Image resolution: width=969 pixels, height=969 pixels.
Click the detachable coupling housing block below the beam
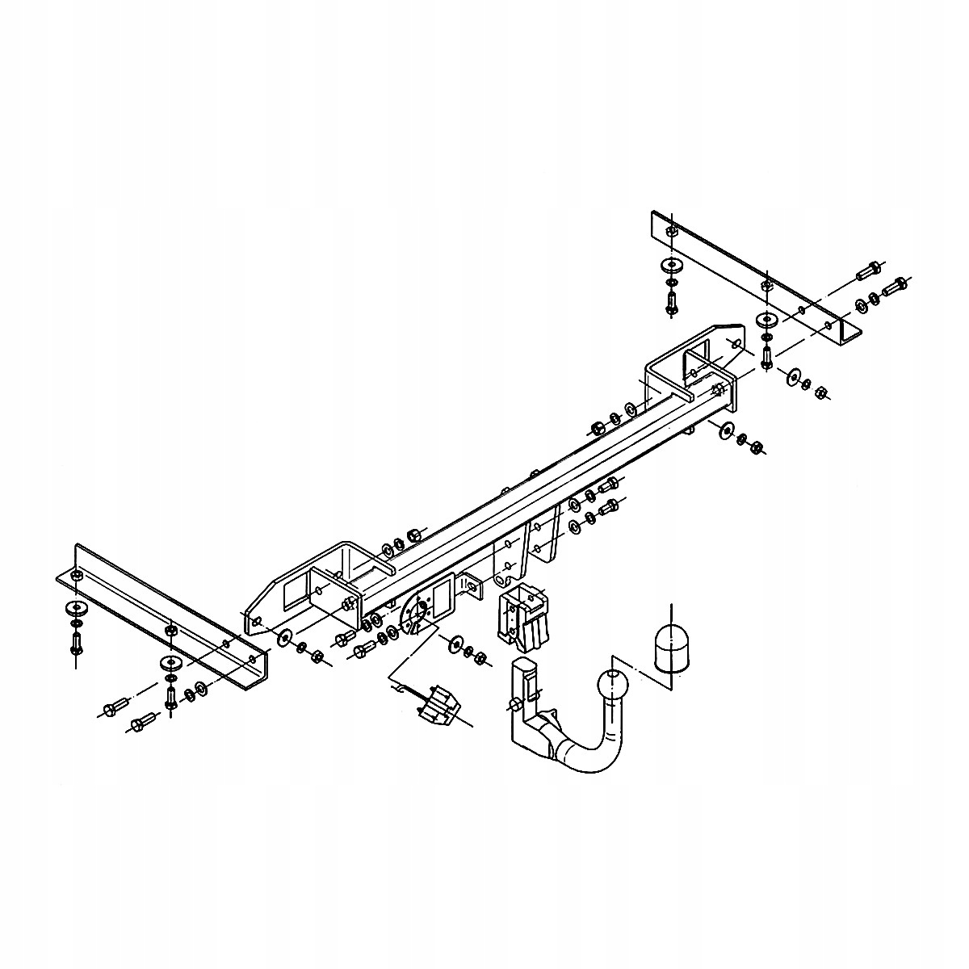point(523,619)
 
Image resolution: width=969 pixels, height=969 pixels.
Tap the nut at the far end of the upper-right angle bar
point(670,232)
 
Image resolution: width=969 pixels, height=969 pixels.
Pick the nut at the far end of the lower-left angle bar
point(77,576)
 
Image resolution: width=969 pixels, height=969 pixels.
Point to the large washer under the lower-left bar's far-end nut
point(77,607)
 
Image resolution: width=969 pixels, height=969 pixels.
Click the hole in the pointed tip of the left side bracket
point(256,622)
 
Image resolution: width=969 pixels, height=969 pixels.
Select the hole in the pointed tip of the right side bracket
point(733,342)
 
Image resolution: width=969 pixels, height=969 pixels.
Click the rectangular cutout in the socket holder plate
point(443,598)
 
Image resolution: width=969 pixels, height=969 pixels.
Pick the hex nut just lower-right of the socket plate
point(480,658)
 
